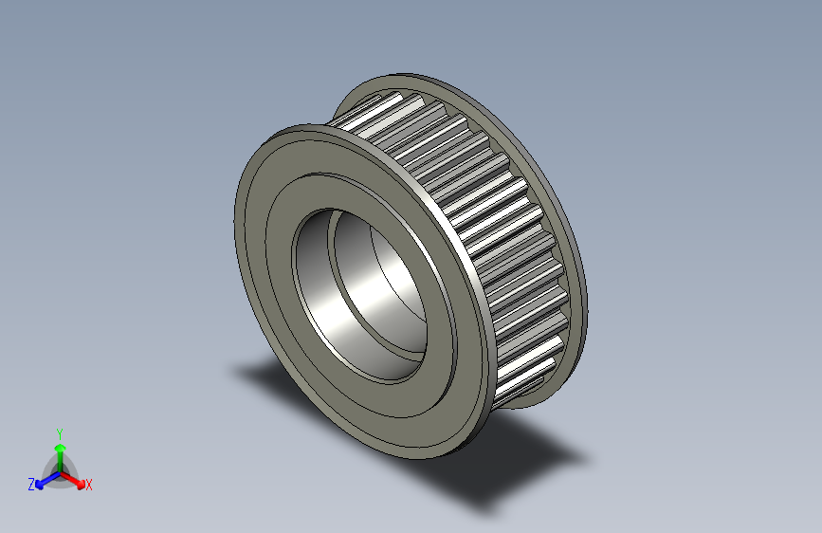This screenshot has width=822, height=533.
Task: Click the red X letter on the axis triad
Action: click(89, 486)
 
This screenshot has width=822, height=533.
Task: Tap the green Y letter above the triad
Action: click(59, 432)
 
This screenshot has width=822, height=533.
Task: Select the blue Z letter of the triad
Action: click(31, 485)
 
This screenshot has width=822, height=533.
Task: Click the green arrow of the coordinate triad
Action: click(60, 450)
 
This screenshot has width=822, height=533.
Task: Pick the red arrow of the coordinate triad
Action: click(76, 479)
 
